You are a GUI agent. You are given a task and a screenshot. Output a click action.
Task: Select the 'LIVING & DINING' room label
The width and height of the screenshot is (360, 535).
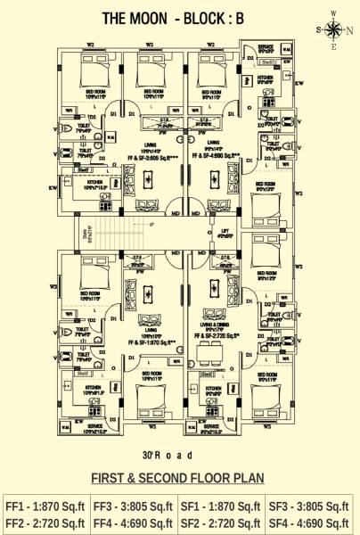coord(217,327)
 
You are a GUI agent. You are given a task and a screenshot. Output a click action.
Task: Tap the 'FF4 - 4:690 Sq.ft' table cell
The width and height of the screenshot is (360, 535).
coord(133,522)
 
